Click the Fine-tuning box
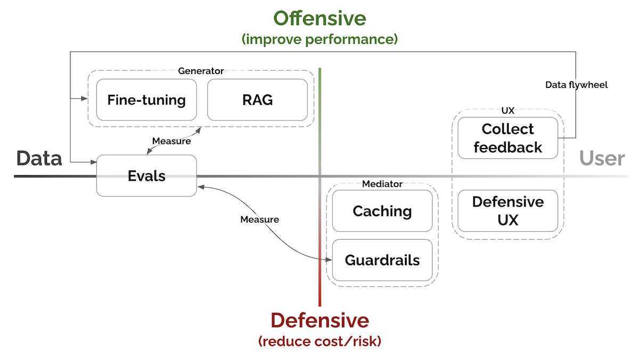[x=146, y=100]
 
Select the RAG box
[x=257, y=100]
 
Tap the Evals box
[x=146, y=176]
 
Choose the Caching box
[x=382, y=211]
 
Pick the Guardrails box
[x=382, y=260]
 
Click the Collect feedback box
[x=507, y=138]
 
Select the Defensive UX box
[x=507, y=211]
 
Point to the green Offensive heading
[x=319, y=19]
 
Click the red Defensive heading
[x=319, y=320]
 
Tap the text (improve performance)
[x=319, y=39]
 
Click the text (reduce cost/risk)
[x=319, y=341]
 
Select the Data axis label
[x=39, y=158]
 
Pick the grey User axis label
[x=602, y=158]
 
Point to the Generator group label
[x=201, y=71]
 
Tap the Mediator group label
[x=382, y=184]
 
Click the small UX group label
[x=507, y=110]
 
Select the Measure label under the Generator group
[x=171, y=141]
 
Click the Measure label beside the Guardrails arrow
[x=259, y=219]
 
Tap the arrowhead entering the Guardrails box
[x=329, y=260]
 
